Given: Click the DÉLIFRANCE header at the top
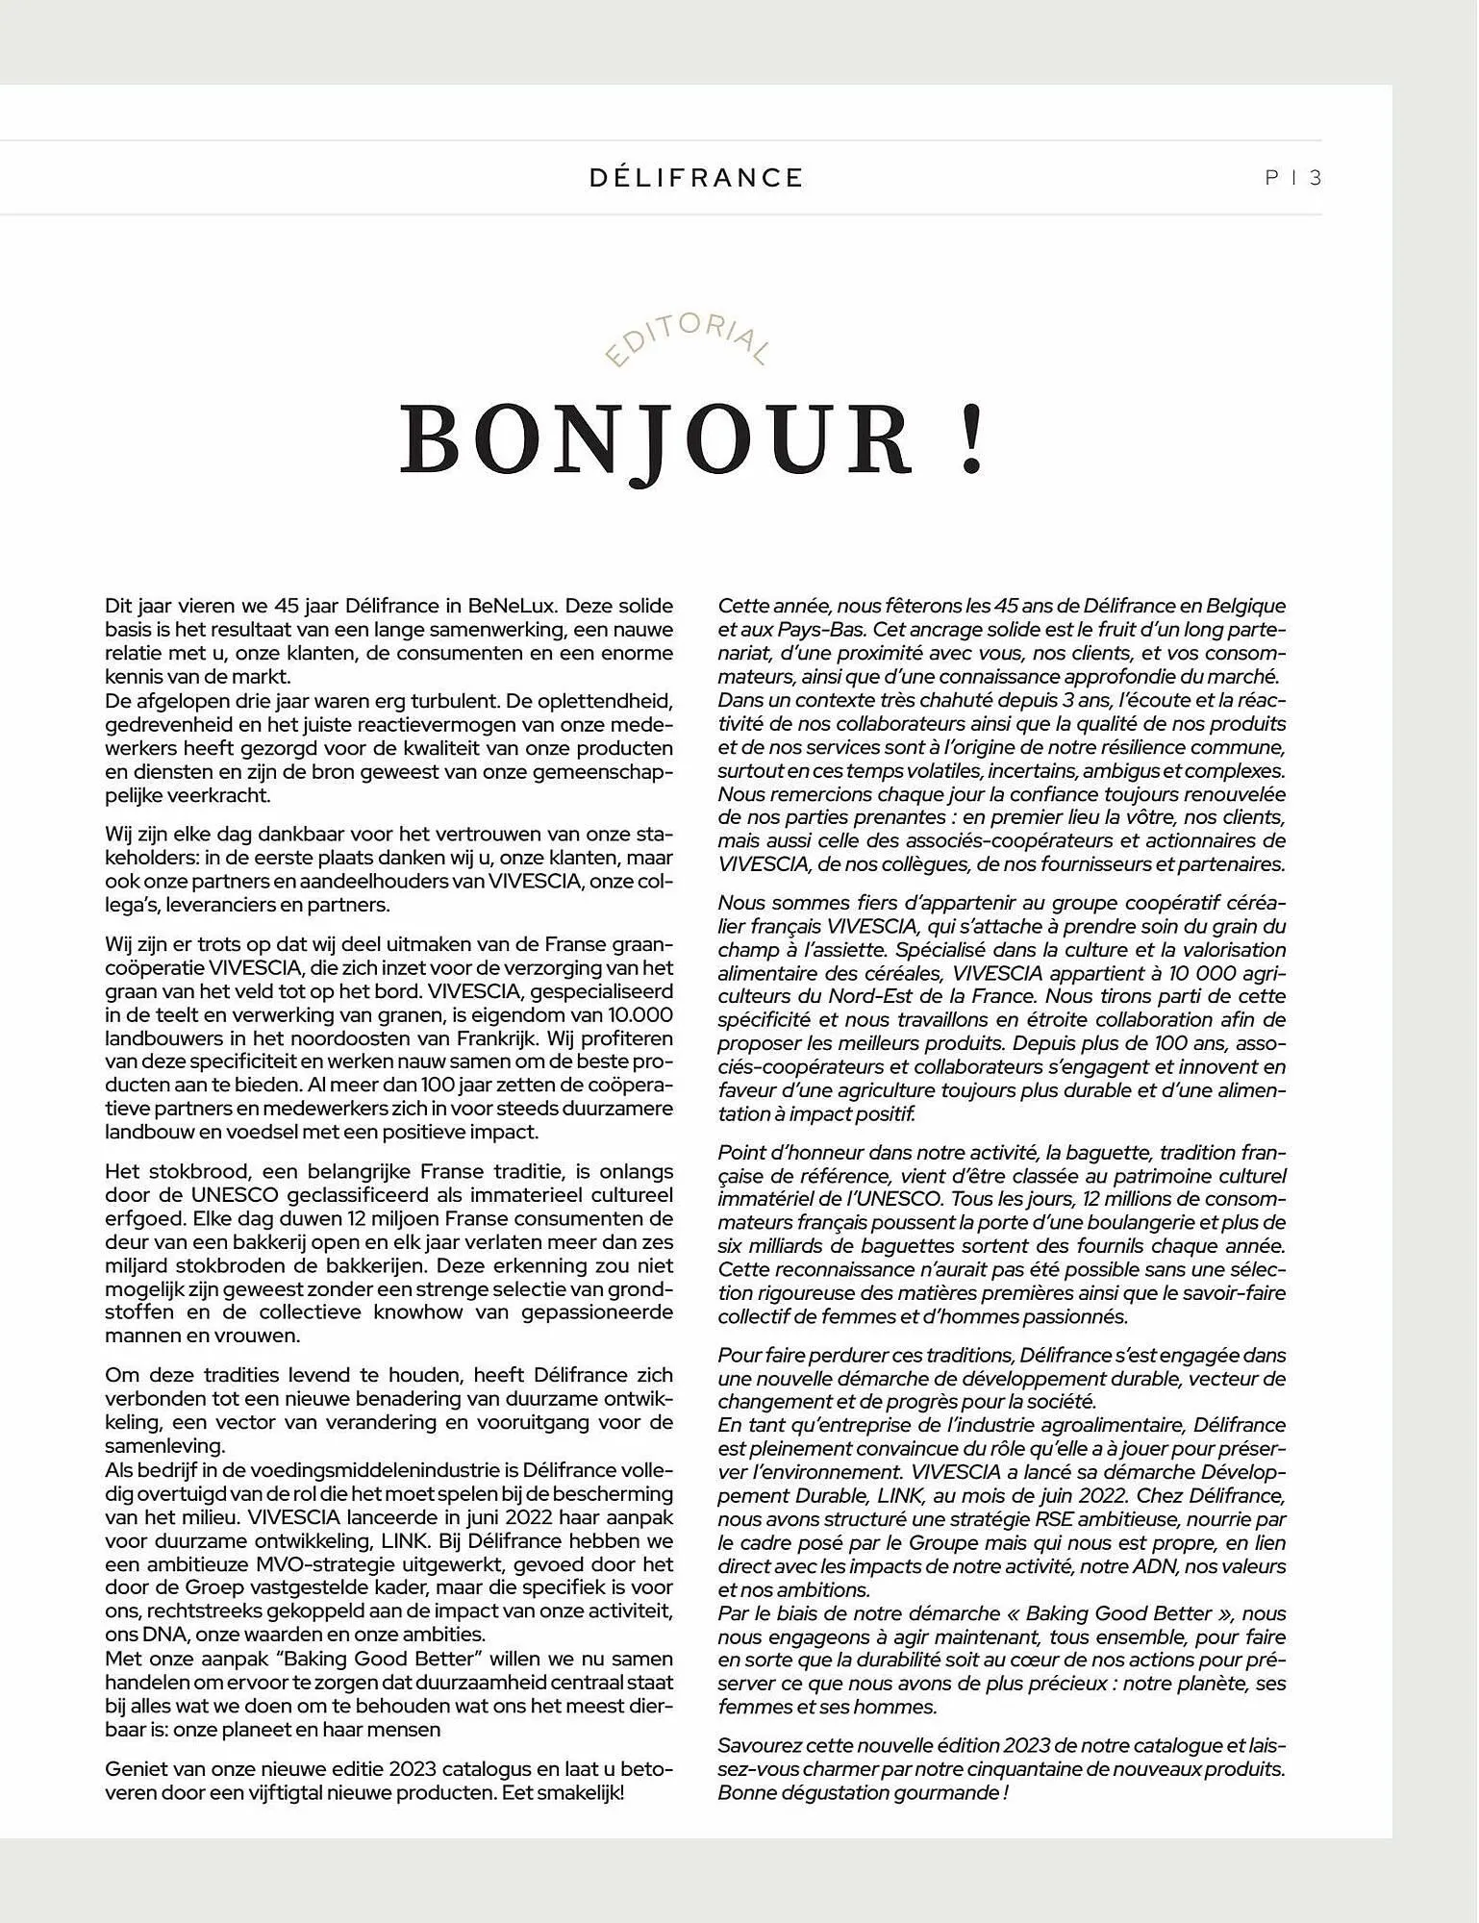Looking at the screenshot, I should [696, 178].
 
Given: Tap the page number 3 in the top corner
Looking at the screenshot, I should [1316, 178].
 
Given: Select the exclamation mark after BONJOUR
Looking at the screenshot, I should [972, 441].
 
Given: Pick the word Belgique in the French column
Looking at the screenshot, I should [1246, 607].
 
